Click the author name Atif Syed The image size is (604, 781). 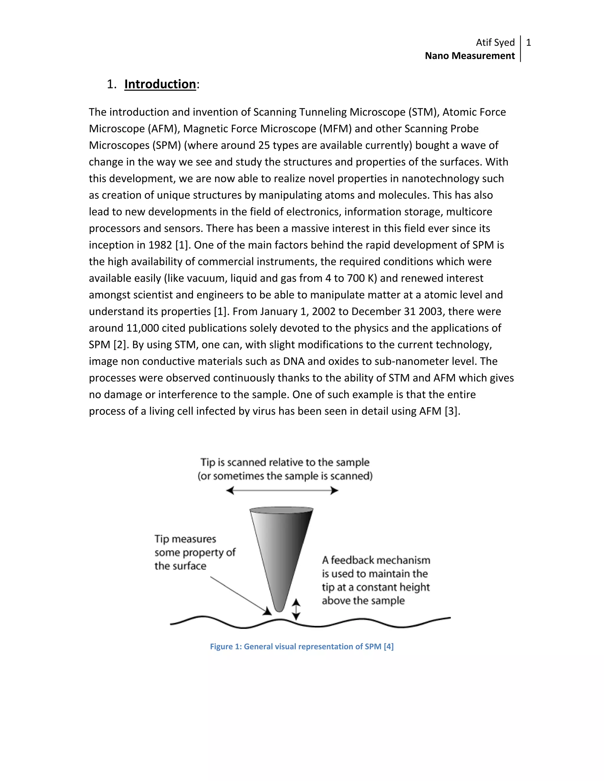point(495,42)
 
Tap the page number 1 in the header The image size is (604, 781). point(528,42)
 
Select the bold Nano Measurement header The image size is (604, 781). point(470,56)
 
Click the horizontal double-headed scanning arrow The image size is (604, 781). point(282,491)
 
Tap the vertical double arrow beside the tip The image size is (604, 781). point(296,610)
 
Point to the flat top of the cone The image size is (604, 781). point(282,509)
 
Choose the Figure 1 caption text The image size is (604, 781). point(302,647)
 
